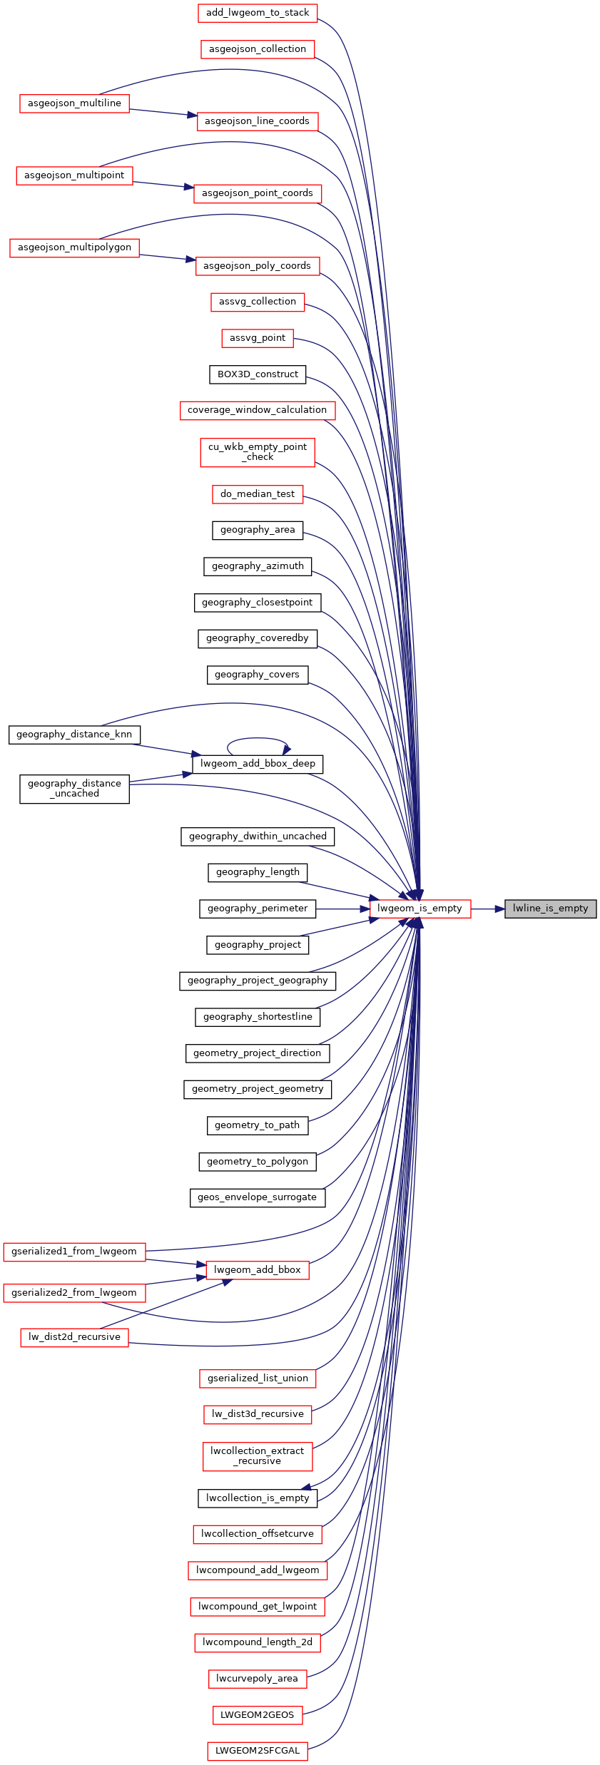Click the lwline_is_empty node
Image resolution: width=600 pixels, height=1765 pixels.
(x=550, y=909)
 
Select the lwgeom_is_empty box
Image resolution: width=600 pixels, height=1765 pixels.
(x=420, y=909)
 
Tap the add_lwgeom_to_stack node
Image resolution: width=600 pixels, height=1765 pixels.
(x=258, y=13)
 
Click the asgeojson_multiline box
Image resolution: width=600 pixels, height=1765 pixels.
(x=74, y=103)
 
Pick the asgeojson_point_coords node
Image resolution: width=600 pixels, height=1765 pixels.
(x=258, y=193)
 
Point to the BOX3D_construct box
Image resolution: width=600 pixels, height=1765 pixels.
(x=258, y=374)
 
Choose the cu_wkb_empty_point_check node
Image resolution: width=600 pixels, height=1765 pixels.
(x=258, y=452)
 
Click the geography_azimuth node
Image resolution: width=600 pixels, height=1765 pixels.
(x=258, y=566)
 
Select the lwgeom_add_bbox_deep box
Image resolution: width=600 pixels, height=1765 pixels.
(x=258, y=764)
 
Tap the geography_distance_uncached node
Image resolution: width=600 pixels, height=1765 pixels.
(x=74, y=789)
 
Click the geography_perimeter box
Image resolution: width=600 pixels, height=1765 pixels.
(x=258, y=909)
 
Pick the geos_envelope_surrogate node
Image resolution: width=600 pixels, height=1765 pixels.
(x=258, y=1197)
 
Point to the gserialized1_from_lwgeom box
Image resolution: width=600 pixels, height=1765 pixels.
(x=74, y=1252)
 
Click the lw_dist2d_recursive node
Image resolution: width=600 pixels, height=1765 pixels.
(x=74, y=1337)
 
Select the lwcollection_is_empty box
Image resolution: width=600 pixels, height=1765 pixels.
(x=258, y=1498)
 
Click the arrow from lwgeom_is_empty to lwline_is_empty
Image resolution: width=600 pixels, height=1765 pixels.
(x=488, y=909)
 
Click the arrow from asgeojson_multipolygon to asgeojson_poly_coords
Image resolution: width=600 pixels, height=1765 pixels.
(x=168, y=257)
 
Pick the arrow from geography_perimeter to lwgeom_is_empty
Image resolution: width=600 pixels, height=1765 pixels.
(x=342, y=909)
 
